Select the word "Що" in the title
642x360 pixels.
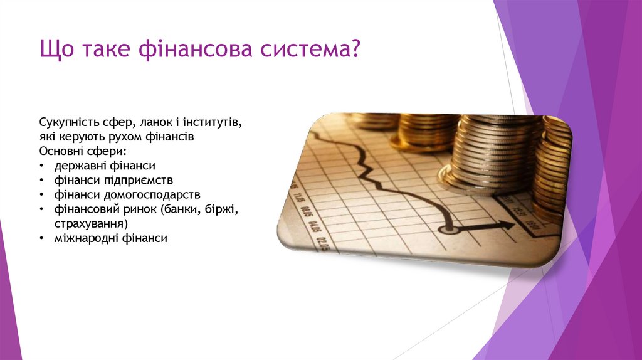coord(55,48)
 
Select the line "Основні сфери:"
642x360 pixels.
coord(83,151)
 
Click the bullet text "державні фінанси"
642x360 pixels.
coord(104,166)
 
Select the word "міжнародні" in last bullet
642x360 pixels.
coord(81,238)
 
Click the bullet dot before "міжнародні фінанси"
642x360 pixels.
coord(41,238)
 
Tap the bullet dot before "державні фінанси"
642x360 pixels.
coord(41,166)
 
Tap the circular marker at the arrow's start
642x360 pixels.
coord(446,229)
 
